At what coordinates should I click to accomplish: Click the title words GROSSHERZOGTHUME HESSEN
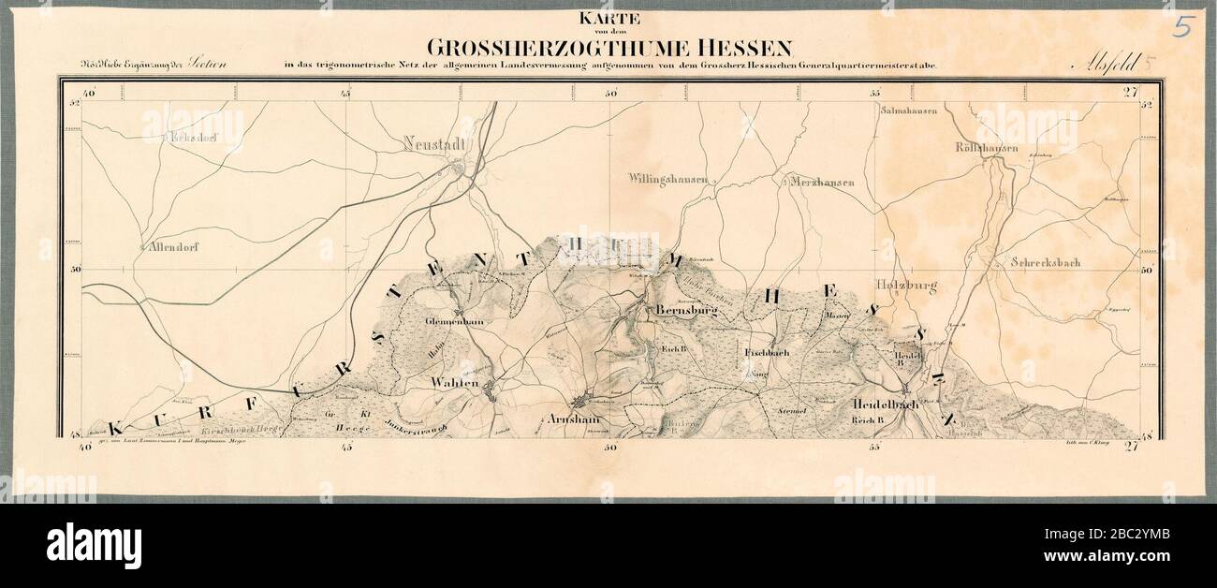pyautogui.click(x=609, y=47)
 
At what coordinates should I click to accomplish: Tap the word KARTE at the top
pyautogui.click(x=608, y=18)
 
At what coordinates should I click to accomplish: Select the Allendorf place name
pyautogui.click(x=175, y=248)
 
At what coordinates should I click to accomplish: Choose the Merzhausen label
pyautogui.click(x=821, y=182)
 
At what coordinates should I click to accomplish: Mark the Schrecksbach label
pyautogui.click(x=1046, y=262)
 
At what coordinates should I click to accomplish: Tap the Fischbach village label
pyautogui.click(x=766, y=353)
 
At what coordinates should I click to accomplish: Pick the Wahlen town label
pyautogui.click(x=455, y=384)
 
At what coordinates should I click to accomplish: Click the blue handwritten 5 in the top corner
pyautogui.click(x=1182, y=26)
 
